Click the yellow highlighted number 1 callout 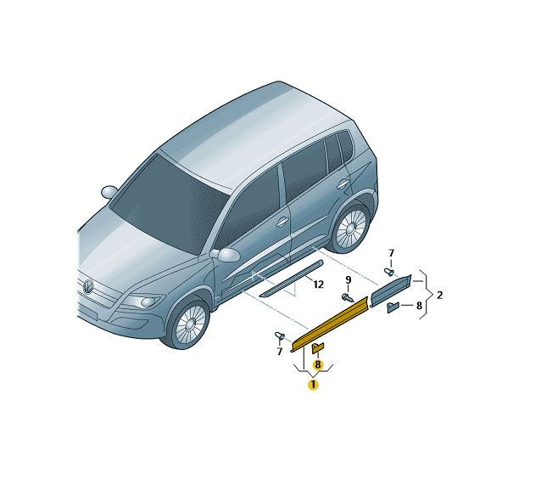tap(313, 385)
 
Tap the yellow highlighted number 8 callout tap(318, 364)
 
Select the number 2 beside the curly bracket tap(439, 296)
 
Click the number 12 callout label tap(319, 285)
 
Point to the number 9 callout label tap(349, 279)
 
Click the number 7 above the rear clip tap(391, 253)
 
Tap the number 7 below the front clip tap(280, 352)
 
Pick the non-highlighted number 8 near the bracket tap(419, 306)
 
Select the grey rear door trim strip tap(391, 290)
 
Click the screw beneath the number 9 tap(348, 298)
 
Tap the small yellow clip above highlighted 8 tap(318, 347)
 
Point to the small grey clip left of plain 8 tap(393, 307)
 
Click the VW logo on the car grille tap(88, 286)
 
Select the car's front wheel tap(189, 324)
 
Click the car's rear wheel tap(350, 228)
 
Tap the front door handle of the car tap(282, 222)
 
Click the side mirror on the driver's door tap(226, 255)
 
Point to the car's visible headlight tap(142, 302)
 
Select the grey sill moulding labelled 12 tap(292, 279)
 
